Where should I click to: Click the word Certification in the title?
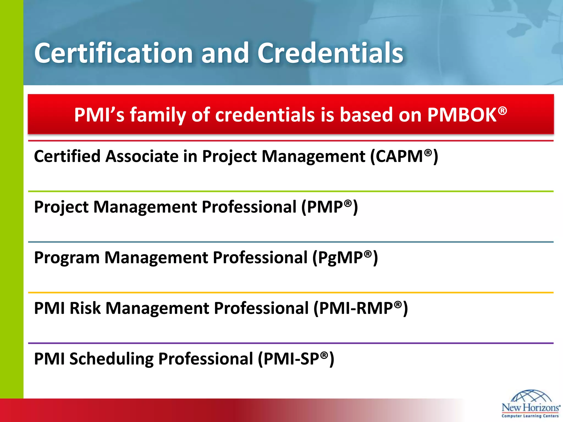point(114,53)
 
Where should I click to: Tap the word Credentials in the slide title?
point(330,53)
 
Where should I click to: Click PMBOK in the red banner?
point(462,115)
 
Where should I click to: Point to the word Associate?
point(142,157)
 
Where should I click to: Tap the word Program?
point(67,258)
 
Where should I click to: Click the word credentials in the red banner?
point(265,115)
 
